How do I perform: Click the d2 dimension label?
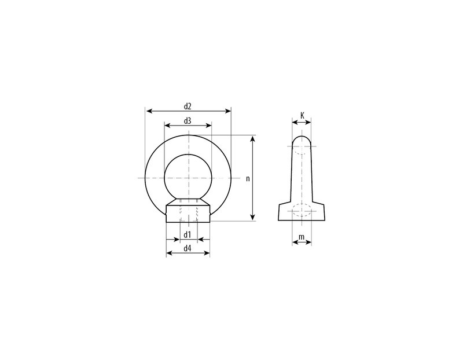click(x=188, y=106)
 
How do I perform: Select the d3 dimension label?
click(x=188, y=121)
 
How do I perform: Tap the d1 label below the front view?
click(x=188, y=235)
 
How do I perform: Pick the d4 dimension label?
click(x=188, y=248)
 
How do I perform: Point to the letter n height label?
click(x=248, y=179)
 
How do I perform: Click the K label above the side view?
click(x=302, y=115)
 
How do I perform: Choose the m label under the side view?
click(x=302, y=237)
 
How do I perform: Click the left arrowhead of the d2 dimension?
click(x=150, y=111)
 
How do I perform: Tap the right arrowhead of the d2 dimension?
click(x=227, y=111)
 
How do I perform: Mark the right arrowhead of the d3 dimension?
click(x=208, y=126)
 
